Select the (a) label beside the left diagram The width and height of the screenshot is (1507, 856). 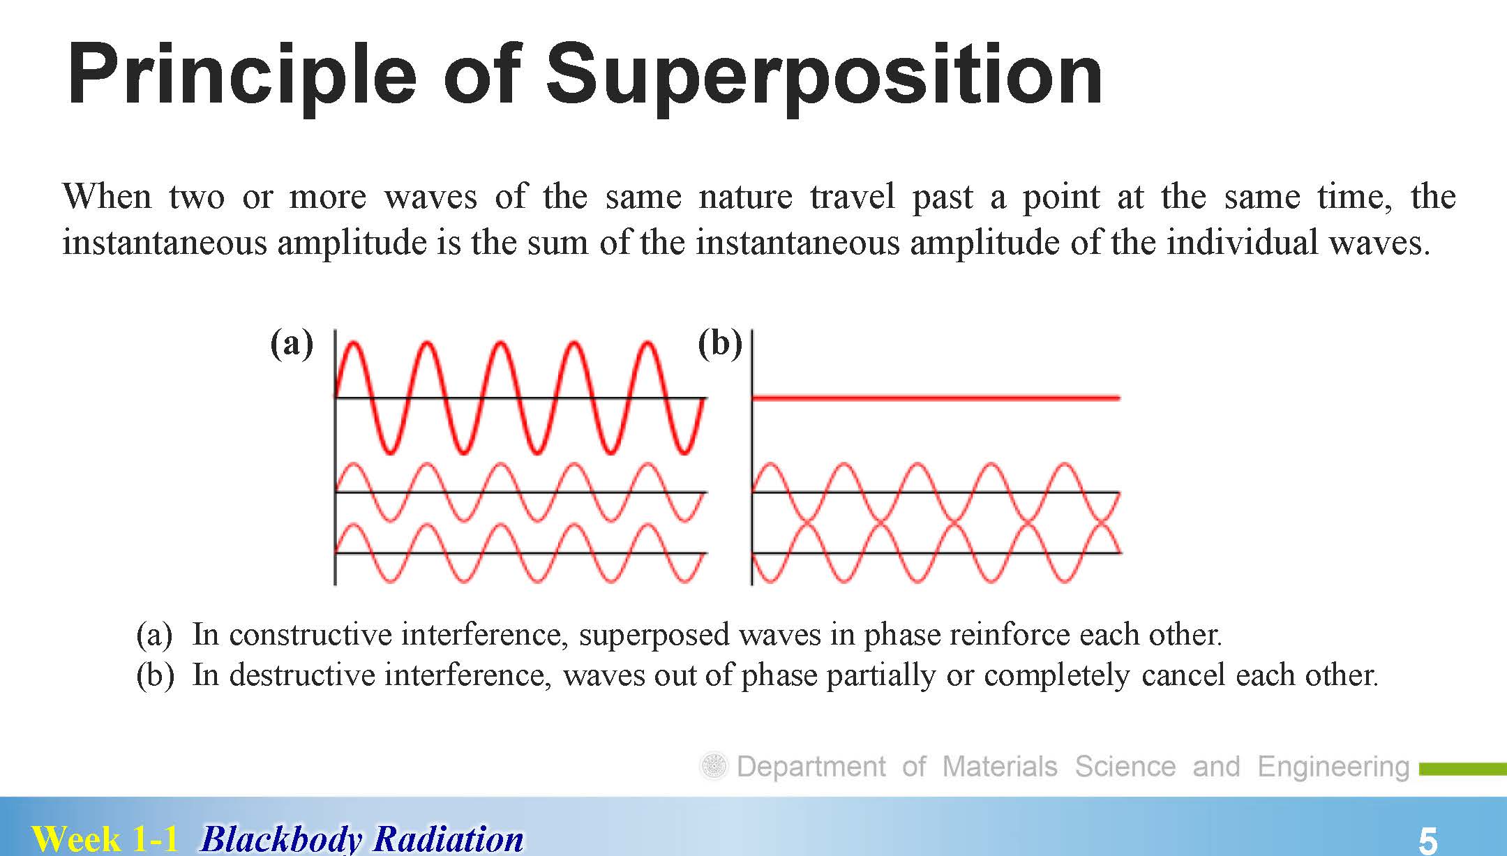(292, 343)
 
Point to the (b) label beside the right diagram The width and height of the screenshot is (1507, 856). (720, 343)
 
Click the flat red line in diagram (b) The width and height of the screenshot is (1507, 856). (936, 398)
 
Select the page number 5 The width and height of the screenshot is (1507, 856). (1427, 840)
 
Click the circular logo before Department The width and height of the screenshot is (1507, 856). (713, 767)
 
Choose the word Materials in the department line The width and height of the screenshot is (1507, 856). (1000, 766)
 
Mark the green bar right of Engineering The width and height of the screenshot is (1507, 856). (1463, 769)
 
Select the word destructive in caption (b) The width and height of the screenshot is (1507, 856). (302, 675)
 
